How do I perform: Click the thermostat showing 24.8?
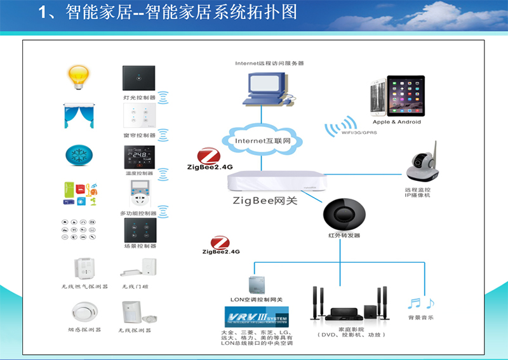click(x=139, y=157)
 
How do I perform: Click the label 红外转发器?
click(x=344, y=236)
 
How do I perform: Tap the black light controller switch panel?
click(x=138, y=77)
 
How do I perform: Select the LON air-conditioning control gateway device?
click(x=257, y=284)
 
